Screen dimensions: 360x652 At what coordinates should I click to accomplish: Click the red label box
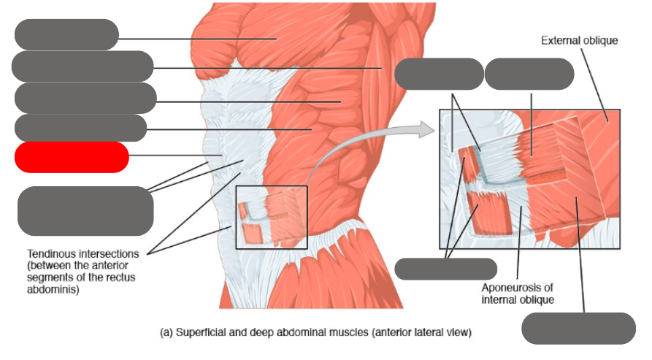pos(72,157)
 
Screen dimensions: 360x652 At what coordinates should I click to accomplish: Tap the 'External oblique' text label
pos(579,41)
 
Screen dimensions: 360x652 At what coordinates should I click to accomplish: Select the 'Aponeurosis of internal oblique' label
pos(518,293)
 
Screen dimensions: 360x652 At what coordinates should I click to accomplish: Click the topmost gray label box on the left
pos(66,35)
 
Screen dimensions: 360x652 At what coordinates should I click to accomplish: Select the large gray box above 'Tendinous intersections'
pos(85,210)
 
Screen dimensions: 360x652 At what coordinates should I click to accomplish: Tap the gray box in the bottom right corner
pos(578,328)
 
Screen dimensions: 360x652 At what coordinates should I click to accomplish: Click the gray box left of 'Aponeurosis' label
pos(445,269)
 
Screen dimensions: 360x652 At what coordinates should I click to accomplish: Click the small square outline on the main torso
pos(272,217)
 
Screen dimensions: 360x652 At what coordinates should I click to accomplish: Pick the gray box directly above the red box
pos(80,128)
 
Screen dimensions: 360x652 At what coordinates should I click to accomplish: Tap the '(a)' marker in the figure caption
pos(166,333)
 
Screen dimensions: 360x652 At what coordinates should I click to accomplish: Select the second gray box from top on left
pos(83,66)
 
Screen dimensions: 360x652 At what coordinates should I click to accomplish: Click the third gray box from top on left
pos(85,98)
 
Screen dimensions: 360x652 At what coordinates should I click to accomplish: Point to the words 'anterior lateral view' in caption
pos(421,333)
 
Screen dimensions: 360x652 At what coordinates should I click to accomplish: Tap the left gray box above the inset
pos(439,74)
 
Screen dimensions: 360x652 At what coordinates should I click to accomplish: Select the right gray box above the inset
pos(529,74)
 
